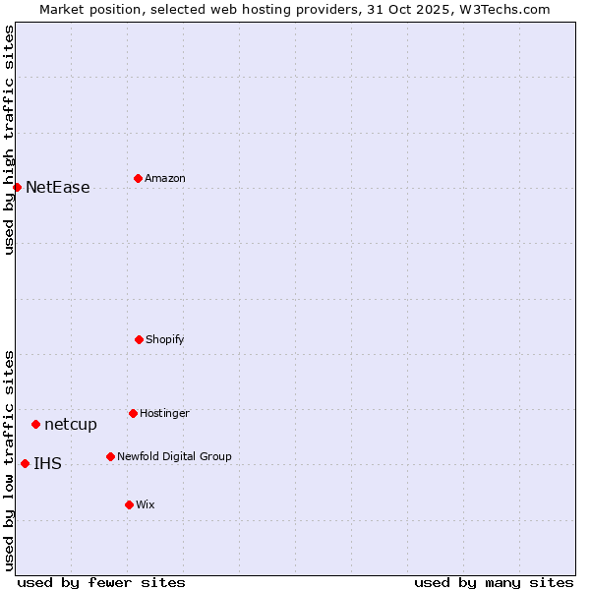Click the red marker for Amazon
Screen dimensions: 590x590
138,178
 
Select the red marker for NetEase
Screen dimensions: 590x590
17,187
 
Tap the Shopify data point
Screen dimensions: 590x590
139,339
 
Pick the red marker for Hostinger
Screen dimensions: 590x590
133,413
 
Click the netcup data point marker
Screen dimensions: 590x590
35,424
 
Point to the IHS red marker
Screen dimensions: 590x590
25,463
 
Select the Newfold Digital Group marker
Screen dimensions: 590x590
110,456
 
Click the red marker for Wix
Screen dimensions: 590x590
129,504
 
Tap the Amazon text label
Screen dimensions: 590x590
165,179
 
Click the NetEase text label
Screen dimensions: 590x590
57,188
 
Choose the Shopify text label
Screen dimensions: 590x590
165,340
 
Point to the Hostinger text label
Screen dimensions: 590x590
164,414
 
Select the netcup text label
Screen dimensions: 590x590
71,425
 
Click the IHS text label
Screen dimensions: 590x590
47,464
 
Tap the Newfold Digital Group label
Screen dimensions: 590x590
174,457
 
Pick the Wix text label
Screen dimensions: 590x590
146,505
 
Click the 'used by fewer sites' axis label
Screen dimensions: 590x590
101,582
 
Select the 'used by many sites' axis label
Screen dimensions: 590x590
494,582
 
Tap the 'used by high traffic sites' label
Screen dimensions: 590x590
9,140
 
